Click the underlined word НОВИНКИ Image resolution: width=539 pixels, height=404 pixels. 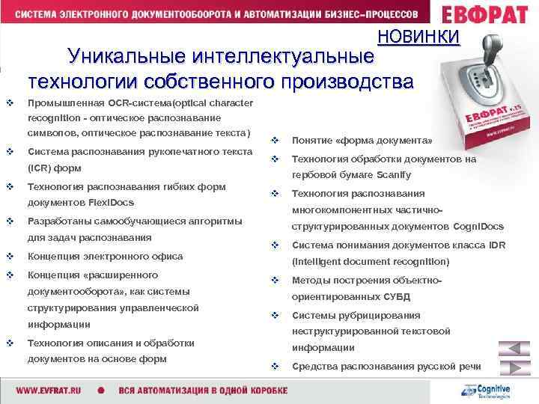[x=418, y=36]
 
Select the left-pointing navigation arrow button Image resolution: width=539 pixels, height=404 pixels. [x=514, y=349]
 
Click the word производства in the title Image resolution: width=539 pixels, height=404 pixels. [x=346, y=81]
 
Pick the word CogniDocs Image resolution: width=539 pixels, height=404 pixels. [x=478, y=226]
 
